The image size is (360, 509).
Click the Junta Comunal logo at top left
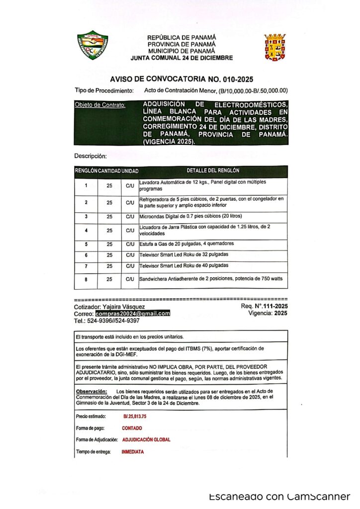[92, 46]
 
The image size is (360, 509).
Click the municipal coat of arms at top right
[274, 48]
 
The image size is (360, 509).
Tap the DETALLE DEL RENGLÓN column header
[213, 170]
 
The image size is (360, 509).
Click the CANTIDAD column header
[109, 171]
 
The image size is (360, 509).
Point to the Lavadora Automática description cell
[213, 186]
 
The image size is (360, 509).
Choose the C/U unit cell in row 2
[130, 203]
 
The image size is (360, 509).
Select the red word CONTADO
[132, 428]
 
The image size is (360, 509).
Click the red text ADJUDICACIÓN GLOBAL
[146, 440]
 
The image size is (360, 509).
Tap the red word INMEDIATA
[133, 452]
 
